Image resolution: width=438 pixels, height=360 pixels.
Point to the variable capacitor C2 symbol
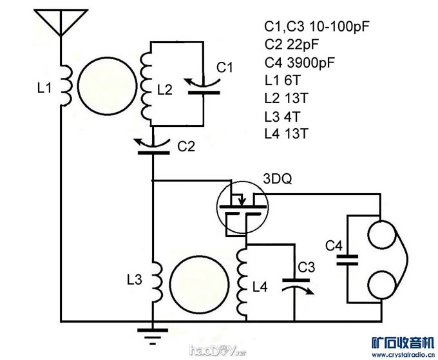click(x=153, y=146)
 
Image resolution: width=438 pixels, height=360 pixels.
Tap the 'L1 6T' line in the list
click(x=283, y=81)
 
